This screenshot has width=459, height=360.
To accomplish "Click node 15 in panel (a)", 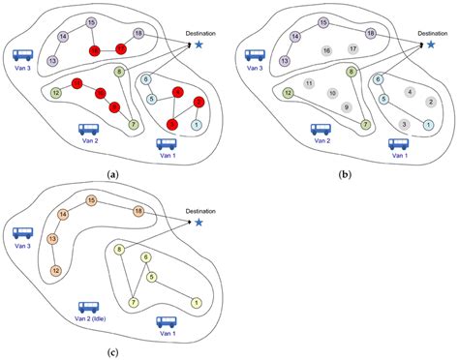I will (x=90, y=21).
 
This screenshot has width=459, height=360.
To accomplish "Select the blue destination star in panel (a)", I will (x=199, y=44).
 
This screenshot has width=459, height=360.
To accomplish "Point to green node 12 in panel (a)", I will (x=57, y=92).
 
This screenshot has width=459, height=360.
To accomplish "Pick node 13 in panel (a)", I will (x=51, y=61).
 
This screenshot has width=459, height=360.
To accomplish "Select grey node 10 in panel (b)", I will (x=332, y=93).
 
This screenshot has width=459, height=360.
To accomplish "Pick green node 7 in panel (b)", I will (x=364, y=124).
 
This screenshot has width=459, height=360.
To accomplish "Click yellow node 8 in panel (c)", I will (x=118, y=250).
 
